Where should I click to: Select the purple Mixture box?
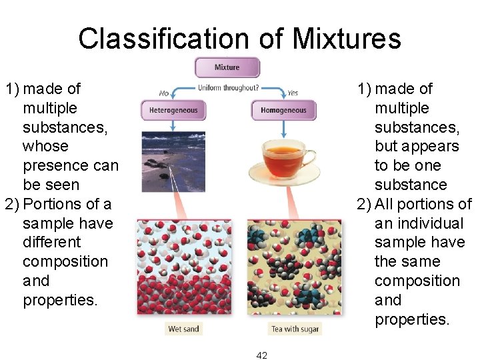pyautogui.click(x=227, y=67)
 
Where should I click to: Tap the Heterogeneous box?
pyautogui.click(x=173, y=110)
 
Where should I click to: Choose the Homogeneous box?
pyautogui.click(x=283, y=110)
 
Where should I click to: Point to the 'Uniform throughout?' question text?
pyautogui.click(x=229, y=88)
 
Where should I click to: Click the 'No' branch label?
pyautogui.click(x=164, y=93)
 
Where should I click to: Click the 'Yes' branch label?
pyautogui.click(x=292, y=93)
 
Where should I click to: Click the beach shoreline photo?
pyautogui.click(x=173, y=161)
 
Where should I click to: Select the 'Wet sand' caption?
pyautogui.click(x=183, y=329)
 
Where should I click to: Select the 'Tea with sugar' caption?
pyautogui.click(x=295, y=329)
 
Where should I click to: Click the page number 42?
pyautogui.click(x=261, y=355)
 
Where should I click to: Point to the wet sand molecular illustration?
pyautogui.click(x=183, y=267)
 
